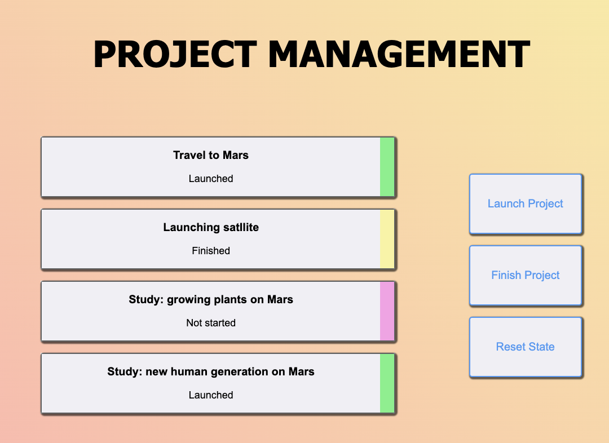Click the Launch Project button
pos(525,203)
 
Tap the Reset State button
pos(525,347)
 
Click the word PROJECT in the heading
pos(175,55)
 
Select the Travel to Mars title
pos(211,155)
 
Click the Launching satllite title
pos(211,227)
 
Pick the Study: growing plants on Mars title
pos(211,299)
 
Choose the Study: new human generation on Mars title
pos(211,371)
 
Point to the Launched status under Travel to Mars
pos(211,179)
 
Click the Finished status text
pos(211,251)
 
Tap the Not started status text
pos(211,323)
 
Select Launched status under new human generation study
pos(211,395)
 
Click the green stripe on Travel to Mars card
pos(387,167)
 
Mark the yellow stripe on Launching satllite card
pos(387,239)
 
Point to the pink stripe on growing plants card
pos(387,311)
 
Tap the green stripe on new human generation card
pos(387,383)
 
